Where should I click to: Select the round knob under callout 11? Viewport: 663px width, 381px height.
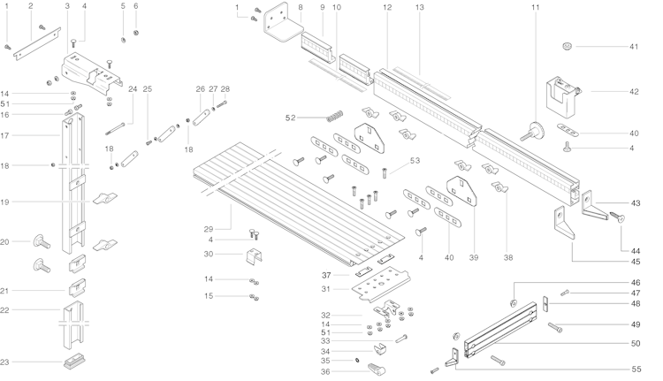(x=535, y=131)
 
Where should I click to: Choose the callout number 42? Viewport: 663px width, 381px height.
(x=633, y=90)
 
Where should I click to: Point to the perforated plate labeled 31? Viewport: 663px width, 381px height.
(x=379, y=285)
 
